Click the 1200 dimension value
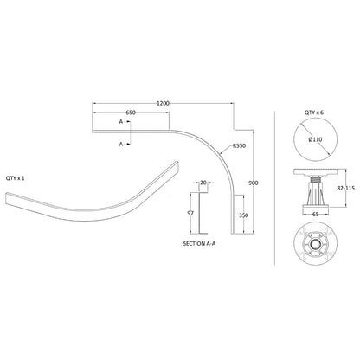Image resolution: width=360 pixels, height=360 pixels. [163, 103]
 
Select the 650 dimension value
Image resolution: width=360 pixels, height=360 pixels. [131, 112]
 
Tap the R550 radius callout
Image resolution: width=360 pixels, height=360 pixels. [240, 146]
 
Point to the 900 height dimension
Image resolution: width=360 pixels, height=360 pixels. [254, 183]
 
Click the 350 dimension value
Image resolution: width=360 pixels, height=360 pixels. [244, 215]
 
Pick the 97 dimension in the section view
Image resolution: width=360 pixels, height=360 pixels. [190, 214]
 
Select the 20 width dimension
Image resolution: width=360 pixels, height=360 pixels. [203, 183]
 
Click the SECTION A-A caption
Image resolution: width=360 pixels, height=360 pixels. [199, 244]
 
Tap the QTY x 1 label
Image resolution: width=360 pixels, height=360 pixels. [16, 178]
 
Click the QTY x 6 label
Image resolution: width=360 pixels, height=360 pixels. [314, 112]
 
